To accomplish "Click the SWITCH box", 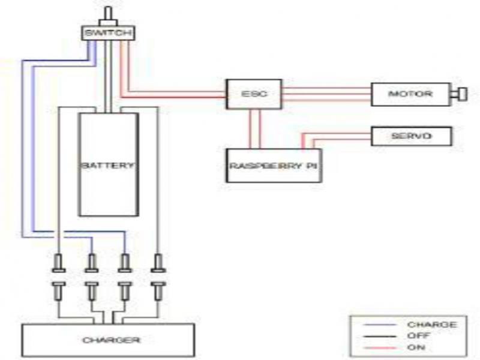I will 107,33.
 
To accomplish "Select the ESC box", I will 253,94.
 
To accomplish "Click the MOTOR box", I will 410,94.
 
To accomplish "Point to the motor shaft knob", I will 461,94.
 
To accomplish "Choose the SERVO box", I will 411,136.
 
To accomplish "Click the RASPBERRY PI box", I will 274,164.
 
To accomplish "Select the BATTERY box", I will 109,164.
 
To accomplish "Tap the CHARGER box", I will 108,340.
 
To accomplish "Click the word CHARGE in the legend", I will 432,325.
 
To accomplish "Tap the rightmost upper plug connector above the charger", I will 158,262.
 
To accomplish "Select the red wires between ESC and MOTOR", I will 326,94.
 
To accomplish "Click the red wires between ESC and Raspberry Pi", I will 255,129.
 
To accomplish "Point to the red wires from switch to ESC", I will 174,94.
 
